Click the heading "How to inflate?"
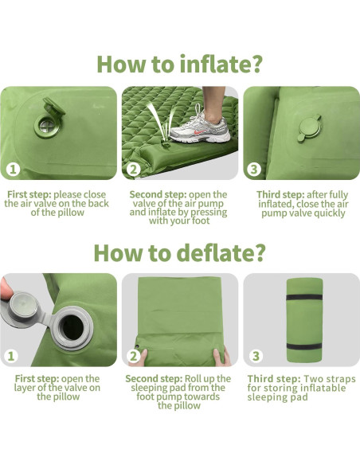179,64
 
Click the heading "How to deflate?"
179,252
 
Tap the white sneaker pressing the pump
202,124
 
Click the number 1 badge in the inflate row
13,169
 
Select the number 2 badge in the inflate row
134,169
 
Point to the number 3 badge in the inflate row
254,169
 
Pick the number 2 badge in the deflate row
134,356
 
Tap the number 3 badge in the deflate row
254,356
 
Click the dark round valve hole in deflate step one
78,328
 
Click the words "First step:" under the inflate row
30,194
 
